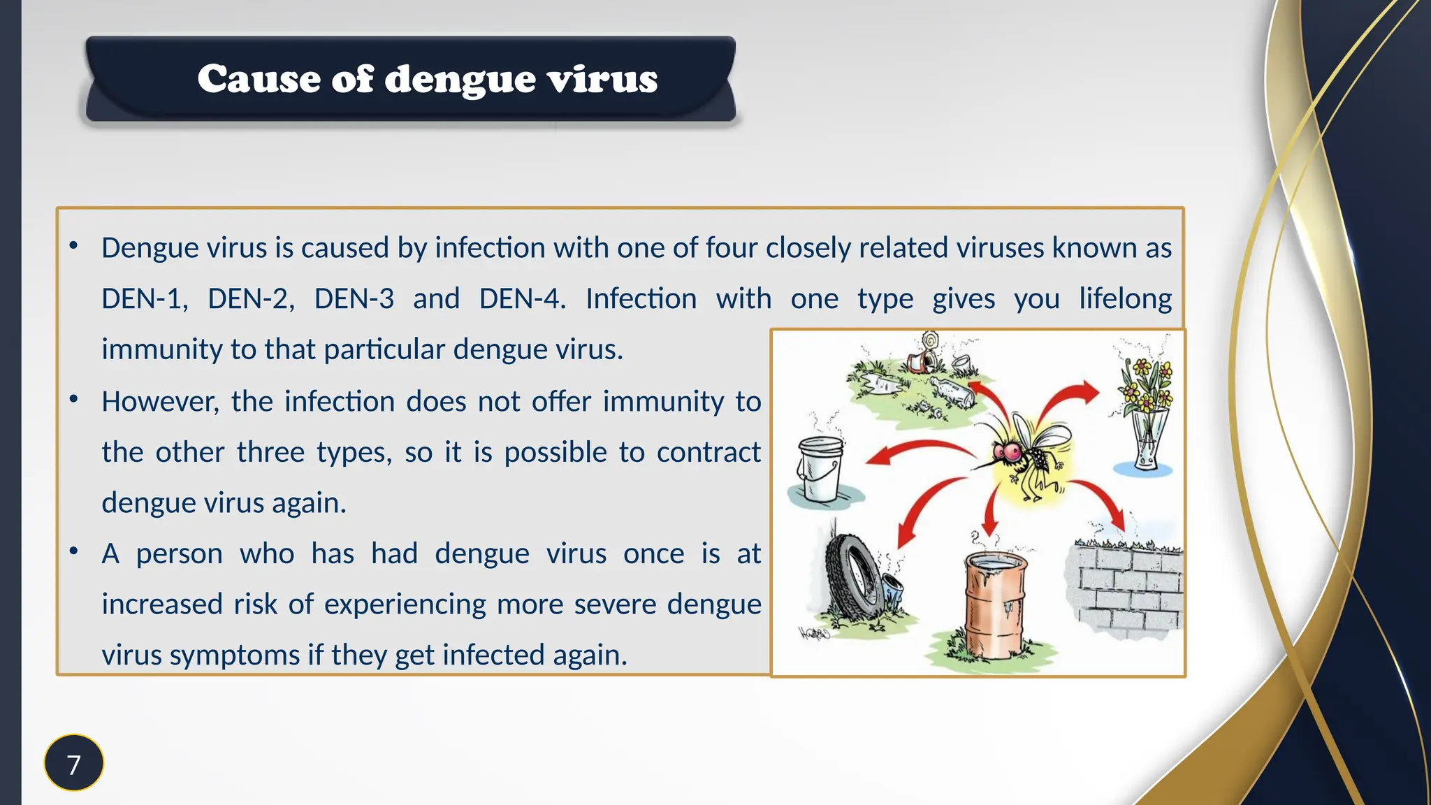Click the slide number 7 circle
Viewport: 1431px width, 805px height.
73,763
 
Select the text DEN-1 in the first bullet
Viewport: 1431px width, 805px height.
143,299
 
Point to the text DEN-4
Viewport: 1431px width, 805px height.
521,299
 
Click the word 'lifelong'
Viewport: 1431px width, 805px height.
1125,299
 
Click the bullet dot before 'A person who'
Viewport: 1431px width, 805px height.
73,551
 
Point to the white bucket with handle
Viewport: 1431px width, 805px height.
820,468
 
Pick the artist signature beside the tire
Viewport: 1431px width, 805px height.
815,634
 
